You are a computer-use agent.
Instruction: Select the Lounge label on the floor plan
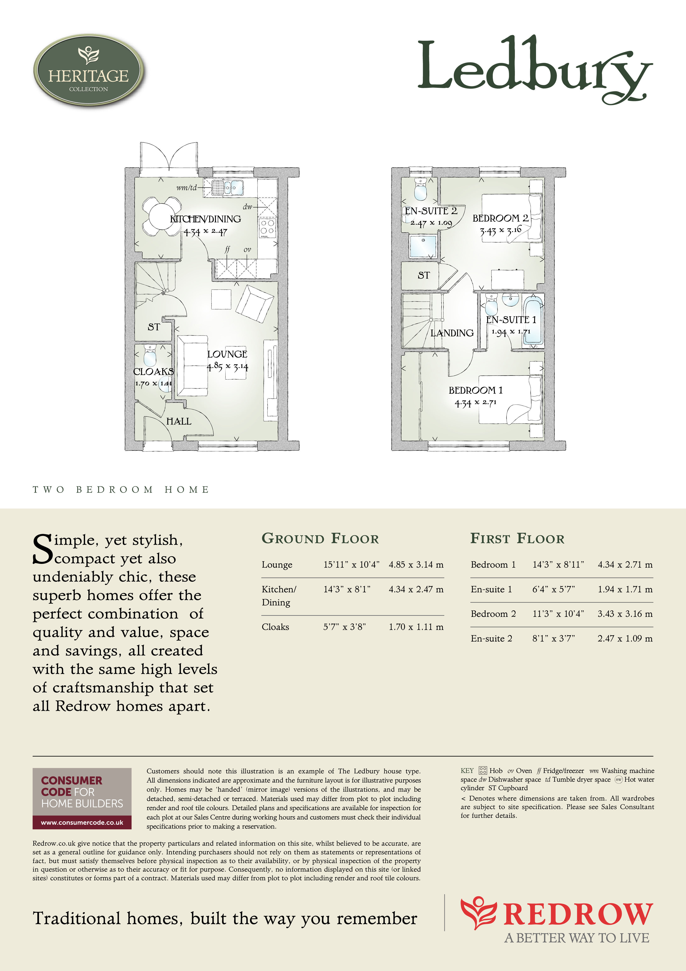[227, 354]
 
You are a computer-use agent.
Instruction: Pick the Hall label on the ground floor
[179, 421]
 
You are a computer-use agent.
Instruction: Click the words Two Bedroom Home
[121, 490]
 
